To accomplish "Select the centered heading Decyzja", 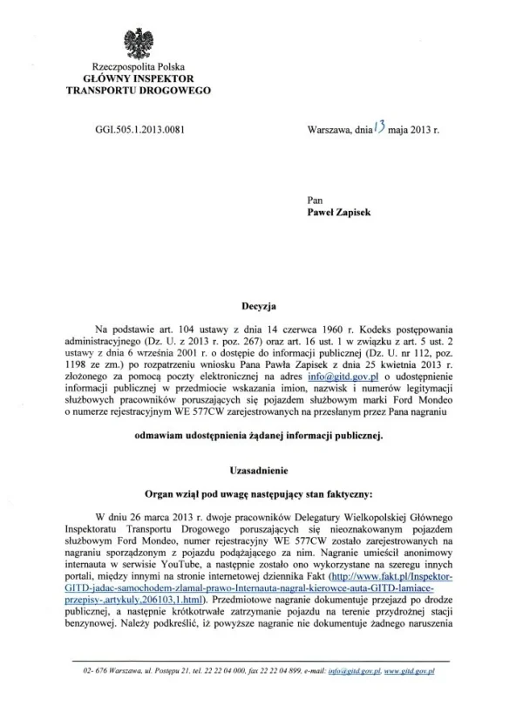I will [260, 307].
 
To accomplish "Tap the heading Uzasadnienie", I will [260, 469].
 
